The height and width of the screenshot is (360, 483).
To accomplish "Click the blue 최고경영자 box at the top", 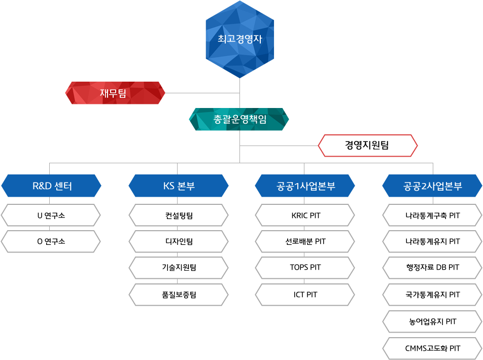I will [240, 39].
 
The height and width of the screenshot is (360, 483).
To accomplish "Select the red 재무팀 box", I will [115, 93].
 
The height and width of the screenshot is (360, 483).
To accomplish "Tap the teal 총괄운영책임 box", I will [239, 119].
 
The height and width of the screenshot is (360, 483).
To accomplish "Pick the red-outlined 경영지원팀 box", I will [367, 146].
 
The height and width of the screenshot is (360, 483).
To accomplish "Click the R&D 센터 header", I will [51, 186].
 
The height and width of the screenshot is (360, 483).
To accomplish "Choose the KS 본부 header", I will [178, 186].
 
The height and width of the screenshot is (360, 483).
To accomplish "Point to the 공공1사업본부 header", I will [305, 186].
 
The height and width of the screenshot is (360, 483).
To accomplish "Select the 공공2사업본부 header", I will [432, 186].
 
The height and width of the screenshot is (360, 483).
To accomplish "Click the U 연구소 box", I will [51, 215].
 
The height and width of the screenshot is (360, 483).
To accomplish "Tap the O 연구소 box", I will [51, 241].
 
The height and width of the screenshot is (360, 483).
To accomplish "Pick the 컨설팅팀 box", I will [178, 215].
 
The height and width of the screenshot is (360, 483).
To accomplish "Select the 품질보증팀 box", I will [178, 295].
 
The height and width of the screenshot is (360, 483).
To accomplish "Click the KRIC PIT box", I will [305, 215].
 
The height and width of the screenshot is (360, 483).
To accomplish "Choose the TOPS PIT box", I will [305, 267].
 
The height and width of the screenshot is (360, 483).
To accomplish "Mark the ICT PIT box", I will [305, 295].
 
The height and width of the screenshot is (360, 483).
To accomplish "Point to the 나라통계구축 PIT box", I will [432, 215].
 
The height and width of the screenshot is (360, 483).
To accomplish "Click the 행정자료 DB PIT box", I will [432, 267].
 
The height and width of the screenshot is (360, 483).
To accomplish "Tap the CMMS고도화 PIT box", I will [432, 348].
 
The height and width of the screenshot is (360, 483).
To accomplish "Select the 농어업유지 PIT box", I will [432, 321].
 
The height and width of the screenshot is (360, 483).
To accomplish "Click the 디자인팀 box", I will [178, 241].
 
